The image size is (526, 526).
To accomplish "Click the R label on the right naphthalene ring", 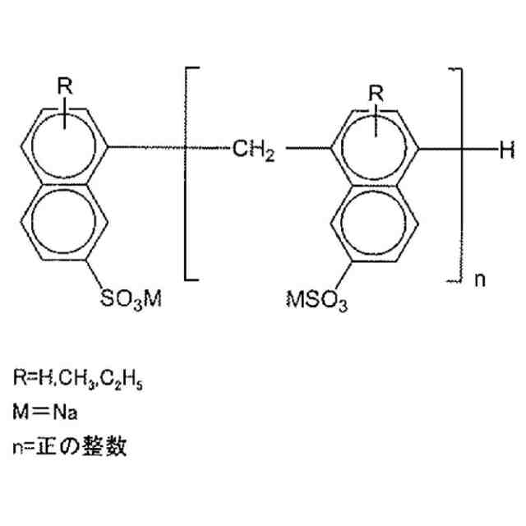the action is (375, 93).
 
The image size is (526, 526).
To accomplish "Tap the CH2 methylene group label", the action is (252, 150).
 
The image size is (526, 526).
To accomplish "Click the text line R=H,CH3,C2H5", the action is (78, 379).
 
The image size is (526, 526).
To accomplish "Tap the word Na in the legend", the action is (66, 409).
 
